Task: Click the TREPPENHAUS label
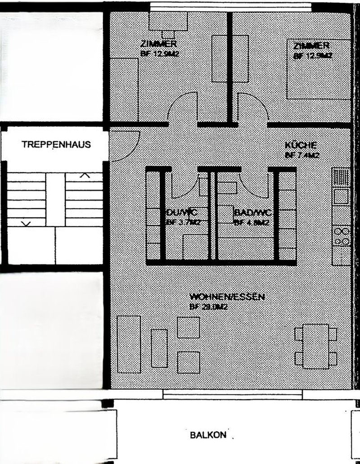click(x=56, y=145)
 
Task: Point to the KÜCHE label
click(x=301, y=145)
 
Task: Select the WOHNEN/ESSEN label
click(x=227, y=297)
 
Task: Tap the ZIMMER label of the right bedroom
click(x=311, y=46)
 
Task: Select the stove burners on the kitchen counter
click(x=341, y=237)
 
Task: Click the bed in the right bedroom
click(x=319, y=68)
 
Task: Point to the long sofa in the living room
click(x=129, y=344)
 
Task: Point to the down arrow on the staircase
click(x=26, y=223)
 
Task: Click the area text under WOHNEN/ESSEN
click(x=208, y=307)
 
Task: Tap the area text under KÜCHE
click(x=301, y=156)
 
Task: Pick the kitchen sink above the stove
click(x=341, y=196)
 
